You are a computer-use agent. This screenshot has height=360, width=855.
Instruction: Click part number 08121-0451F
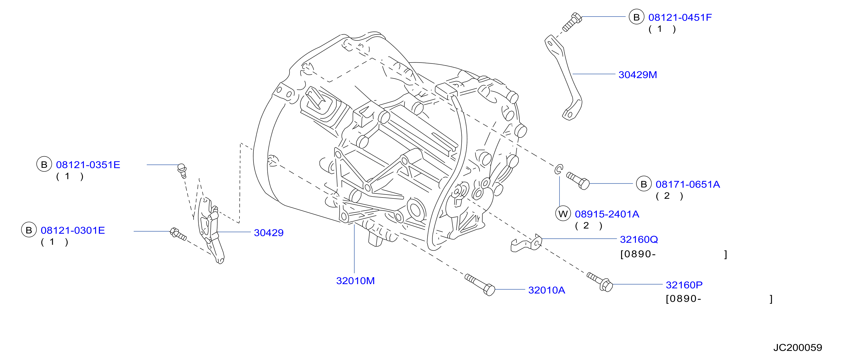tap(680, 17)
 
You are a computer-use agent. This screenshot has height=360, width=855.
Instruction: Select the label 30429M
tap(638, 75)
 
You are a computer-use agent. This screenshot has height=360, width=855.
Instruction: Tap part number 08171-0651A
tap(688, 184)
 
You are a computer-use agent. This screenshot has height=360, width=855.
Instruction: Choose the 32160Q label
tap(639, 240)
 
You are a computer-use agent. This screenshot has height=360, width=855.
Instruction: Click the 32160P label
tap(684, 285)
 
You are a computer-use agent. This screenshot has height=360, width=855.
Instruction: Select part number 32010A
tap(546, 290)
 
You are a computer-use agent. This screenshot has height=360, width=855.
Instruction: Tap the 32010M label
tap(355, 281)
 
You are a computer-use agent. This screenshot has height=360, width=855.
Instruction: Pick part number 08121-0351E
tap(88, 165)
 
